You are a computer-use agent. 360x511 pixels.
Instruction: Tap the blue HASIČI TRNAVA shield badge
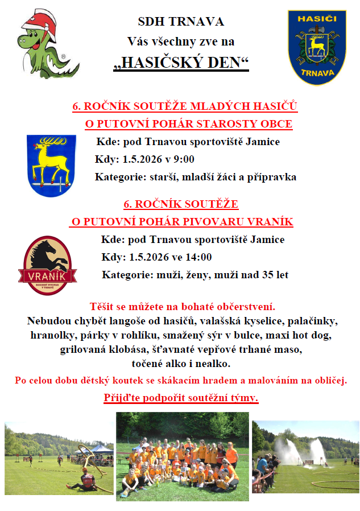(x=317, y=47)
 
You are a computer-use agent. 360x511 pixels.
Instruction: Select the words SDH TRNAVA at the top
(x=181, y=22)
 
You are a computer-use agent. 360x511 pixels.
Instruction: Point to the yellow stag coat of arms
(x=51, y=165)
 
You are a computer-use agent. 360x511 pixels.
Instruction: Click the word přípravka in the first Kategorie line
(x=270, y=177)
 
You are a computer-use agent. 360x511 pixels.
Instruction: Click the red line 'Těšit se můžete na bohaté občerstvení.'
(x=183, y=306)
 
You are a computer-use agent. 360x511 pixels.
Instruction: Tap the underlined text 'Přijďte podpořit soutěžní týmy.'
(x=181, y=397)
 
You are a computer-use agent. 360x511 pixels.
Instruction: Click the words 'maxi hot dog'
(x=307, y=335)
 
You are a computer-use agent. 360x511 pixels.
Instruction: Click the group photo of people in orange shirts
(x=182, y=456)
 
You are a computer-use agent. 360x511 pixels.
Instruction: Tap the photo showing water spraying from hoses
(x=305, y=456)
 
